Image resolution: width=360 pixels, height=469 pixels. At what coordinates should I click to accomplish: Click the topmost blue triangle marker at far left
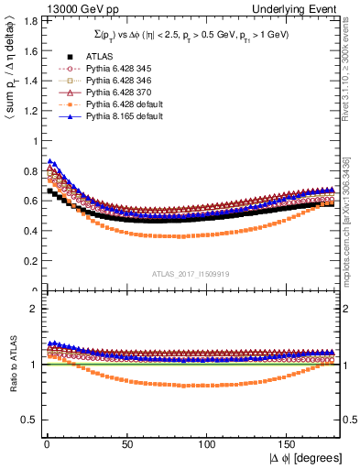pyautogui.click(x=49, y=161)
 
